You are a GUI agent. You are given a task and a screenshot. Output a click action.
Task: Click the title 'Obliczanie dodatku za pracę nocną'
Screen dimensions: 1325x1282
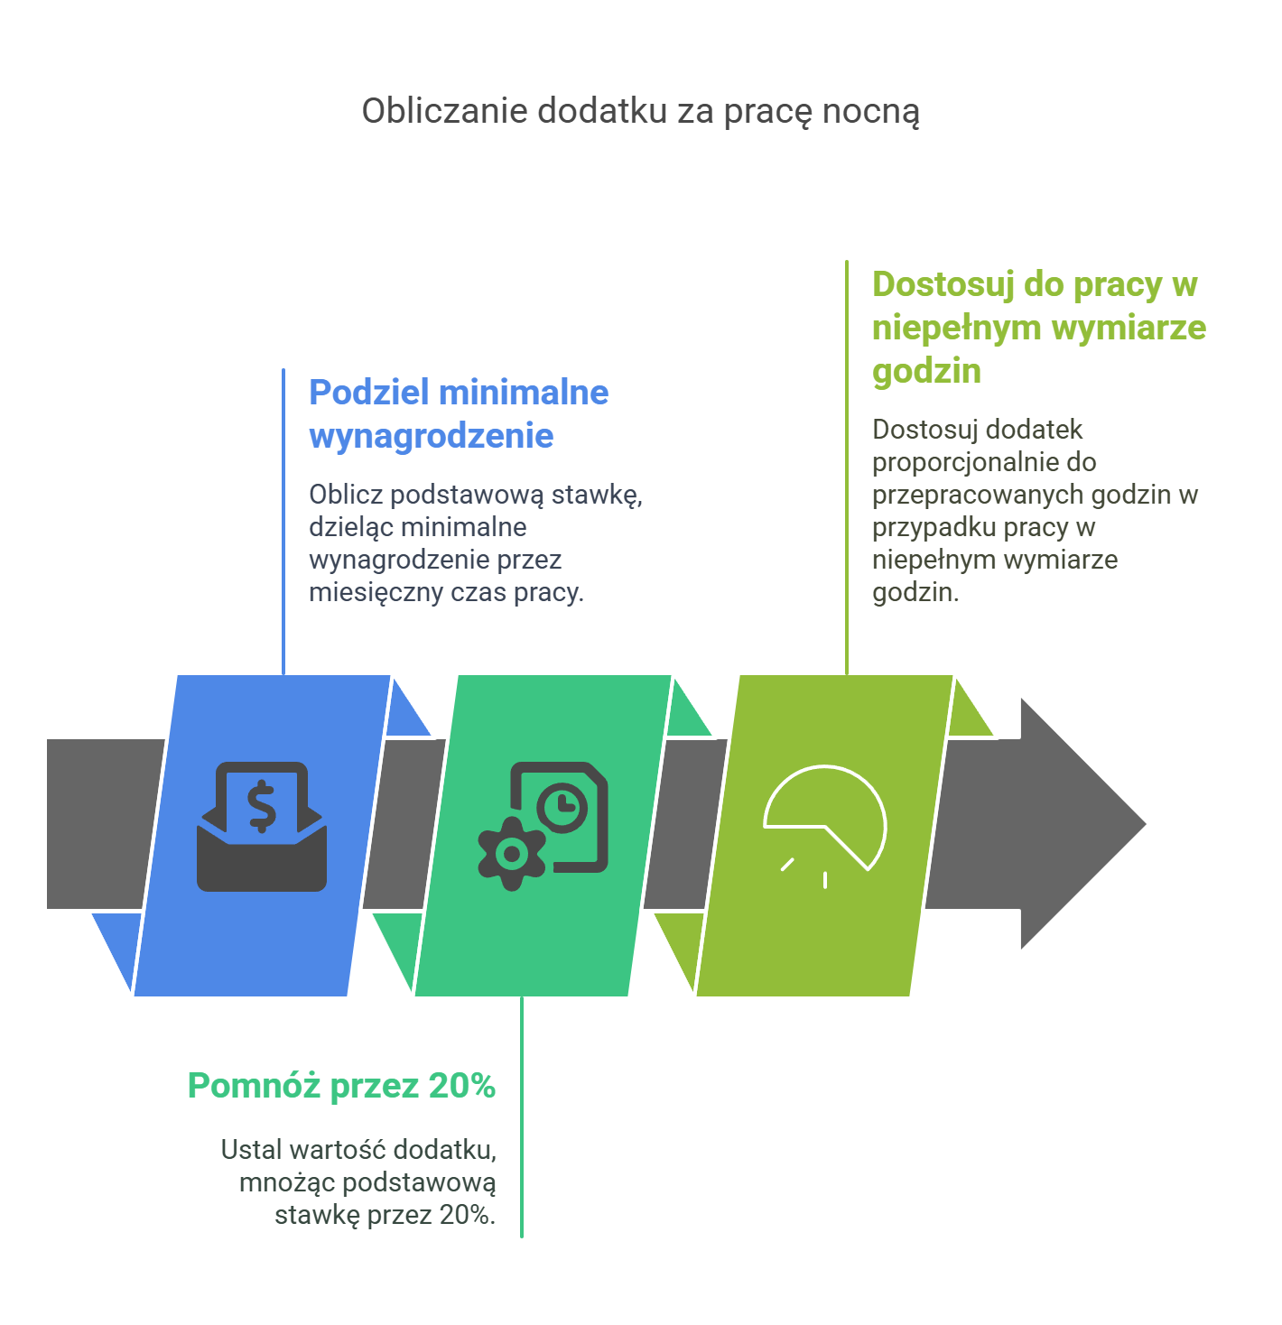tap(640, 112)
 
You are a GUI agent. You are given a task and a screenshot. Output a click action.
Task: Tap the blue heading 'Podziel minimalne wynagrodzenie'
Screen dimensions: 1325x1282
tap(459, 413)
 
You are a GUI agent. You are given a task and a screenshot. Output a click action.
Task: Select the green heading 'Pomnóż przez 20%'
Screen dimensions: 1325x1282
tap(341, 1085)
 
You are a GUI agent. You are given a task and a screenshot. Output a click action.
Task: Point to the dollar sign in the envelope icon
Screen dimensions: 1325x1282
tap(262, 806)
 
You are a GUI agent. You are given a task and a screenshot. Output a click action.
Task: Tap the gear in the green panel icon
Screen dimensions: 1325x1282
tap(512, 853)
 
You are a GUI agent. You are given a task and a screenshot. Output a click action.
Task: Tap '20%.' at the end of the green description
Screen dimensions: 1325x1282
tap(468, 1215)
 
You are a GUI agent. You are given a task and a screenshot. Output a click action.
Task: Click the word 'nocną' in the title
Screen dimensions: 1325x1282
tap(879, 112)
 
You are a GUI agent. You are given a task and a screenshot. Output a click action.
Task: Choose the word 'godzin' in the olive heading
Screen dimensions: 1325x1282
tap(926, 371)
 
